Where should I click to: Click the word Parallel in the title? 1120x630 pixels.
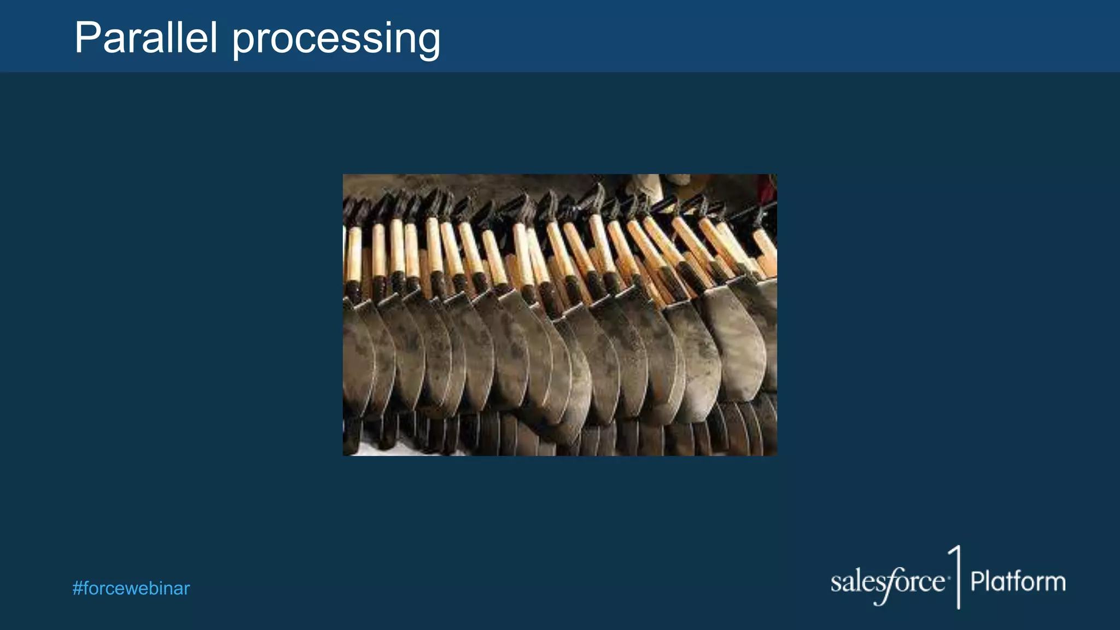(x=146, y=38)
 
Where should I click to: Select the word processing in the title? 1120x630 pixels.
(x=336, y=39)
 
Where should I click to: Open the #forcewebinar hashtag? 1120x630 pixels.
(x=131, y=588)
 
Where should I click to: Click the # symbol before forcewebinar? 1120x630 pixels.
(x=77, y=588)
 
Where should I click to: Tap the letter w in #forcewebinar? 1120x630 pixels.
(x=134, y=589)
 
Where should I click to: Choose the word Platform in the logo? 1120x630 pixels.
(x=1018, y=581)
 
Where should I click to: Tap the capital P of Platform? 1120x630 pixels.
(x=977, y=581)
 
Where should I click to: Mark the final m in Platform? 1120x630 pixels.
(x=1055, y=584)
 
